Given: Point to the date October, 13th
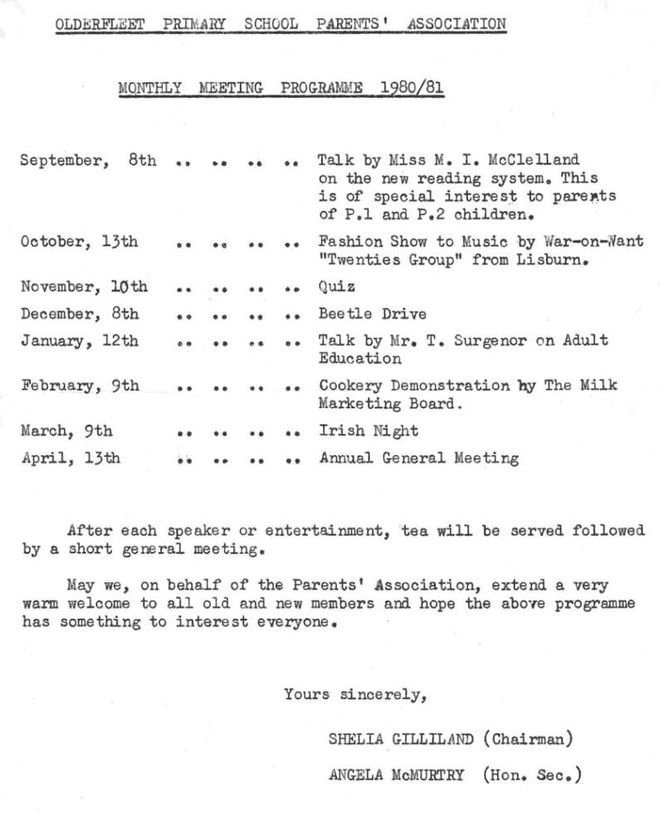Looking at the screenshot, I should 79,242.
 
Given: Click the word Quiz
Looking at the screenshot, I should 336,287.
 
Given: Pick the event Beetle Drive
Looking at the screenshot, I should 372,314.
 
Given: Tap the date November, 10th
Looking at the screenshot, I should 83,287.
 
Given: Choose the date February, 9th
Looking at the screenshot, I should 80,386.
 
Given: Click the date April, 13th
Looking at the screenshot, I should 70,458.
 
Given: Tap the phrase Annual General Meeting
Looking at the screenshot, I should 418,458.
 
